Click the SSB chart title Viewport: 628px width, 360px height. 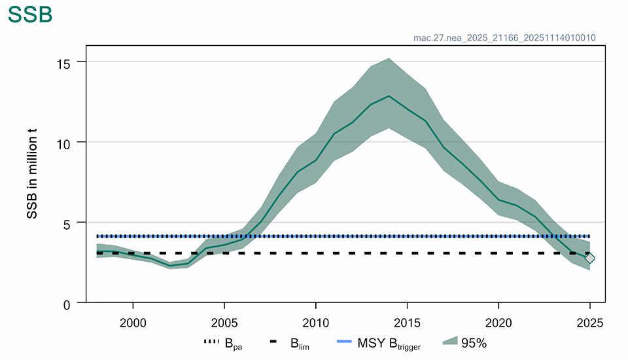(30, 15)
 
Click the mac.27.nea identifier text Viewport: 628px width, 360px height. (504, 37)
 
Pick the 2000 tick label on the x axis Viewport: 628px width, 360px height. (133, 323)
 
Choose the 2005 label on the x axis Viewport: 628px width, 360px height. (224, 323)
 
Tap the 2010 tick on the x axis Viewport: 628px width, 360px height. (315, 323)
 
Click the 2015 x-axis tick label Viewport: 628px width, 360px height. (407, 323)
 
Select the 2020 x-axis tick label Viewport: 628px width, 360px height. (498, 323)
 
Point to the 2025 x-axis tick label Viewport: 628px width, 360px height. (589, 323)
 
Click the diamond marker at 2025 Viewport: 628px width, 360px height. (589, 258)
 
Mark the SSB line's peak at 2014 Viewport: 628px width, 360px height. (389, 96)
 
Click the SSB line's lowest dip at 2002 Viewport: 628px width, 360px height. (169, 266)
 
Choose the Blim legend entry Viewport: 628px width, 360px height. (290, 342)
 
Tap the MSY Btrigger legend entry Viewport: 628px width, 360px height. (379, 342)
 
